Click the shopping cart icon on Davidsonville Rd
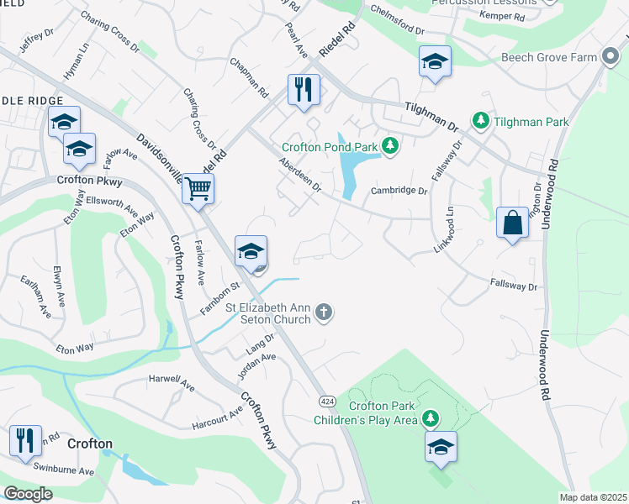[x=198, y=187]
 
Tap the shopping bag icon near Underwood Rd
[x=512, y=223]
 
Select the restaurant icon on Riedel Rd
[x=304, y=89]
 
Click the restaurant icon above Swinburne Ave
[x=25, y=440]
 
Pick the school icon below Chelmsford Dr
[x=435, y=61]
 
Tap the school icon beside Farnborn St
[x=251, y=251]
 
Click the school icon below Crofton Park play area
[x=441, y=447]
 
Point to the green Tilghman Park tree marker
[x=480, y=122]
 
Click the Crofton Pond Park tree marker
[x=389, y=146]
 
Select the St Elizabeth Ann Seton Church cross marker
[x=324, y=313]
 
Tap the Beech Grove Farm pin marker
[x=610, y=57]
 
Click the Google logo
[x=29, y=493]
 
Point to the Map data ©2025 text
[x=593, y=497]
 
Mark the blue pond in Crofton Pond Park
[x=346, y=164]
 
